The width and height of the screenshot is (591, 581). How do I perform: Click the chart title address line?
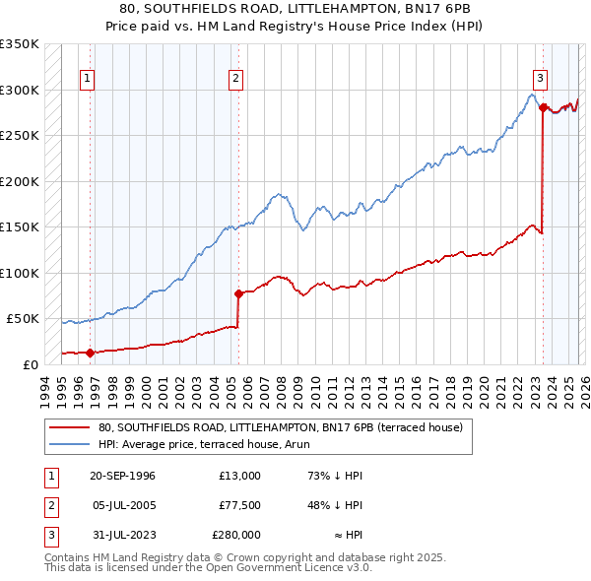point(295,9)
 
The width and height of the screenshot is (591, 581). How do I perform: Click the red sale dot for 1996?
point(91,353)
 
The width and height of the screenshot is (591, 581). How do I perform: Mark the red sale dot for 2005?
point(238,293)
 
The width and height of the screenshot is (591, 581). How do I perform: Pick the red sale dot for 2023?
point(543,107)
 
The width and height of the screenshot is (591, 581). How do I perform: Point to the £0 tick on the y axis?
point(32,364)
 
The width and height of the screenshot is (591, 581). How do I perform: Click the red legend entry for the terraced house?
point(287,427)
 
